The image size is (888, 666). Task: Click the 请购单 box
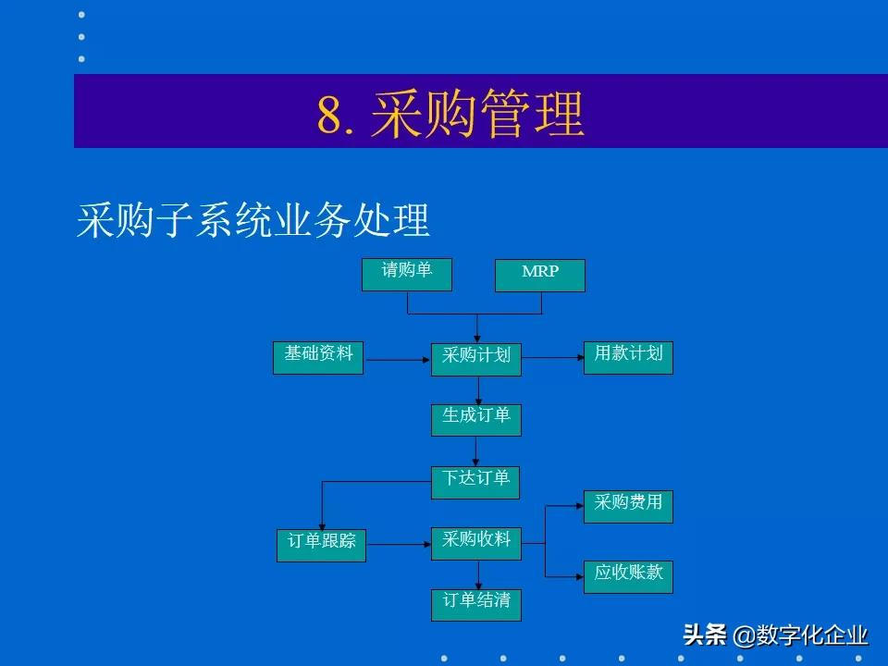tap(407, 274)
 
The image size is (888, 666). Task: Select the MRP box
tap(540, 275)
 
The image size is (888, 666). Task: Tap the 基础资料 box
tap(318, 357)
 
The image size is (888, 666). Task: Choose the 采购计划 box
tap(476, 359)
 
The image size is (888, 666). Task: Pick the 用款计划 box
tap(628, 357)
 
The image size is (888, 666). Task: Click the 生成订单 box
tap(476, 419)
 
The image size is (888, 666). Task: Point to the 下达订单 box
tap(476, 481)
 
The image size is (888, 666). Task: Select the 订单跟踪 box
tap(322, 545)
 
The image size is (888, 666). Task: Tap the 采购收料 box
tap(476, 543)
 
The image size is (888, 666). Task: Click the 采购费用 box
tap(628, 506)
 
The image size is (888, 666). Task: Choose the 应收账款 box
tap(628, 575)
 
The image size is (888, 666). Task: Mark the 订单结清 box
tap(476, 604)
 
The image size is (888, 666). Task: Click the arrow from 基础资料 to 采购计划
tap(398, 360)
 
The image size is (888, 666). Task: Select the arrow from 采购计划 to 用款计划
tap(552, 358)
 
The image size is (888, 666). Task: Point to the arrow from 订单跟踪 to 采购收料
tap(399, 545)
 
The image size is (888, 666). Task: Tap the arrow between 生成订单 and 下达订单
tap(476, 450)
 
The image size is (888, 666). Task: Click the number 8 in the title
tap(329, 117)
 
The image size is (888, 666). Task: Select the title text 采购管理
tap(477, 116)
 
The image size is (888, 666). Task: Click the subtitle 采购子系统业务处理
tap(253, 221)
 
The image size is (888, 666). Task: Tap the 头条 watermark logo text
tap(705, 635)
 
